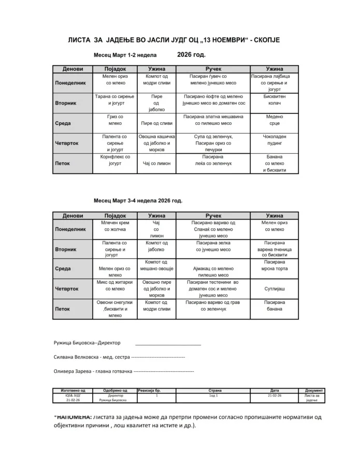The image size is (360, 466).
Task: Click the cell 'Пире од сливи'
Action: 156,124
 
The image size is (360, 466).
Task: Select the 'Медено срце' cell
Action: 275,120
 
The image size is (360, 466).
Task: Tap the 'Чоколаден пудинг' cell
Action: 275,140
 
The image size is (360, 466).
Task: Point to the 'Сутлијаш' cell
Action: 275,288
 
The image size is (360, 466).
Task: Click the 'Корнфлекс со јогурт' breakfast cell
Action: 115,160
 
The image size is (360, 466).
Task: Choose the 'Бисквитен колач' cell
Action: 275,99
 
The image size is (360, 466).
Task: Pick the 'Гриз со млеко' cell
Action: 115,120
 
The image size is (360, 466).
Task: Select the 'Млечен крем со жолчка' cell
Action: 115,226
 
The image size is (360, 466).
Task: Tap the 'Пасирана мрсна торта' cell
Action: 275,266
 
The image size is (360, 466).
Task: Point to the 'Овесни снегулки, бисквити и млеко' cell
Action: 115,308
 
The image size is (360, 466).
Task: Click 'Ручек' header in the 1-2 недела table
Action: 213,69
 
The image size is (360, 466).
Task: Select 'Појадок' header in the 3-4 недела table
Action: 115,215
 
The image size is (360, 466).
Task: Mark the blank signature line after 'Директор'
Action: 168,344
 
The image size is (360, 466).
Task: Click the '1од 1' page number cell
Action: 213,395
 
